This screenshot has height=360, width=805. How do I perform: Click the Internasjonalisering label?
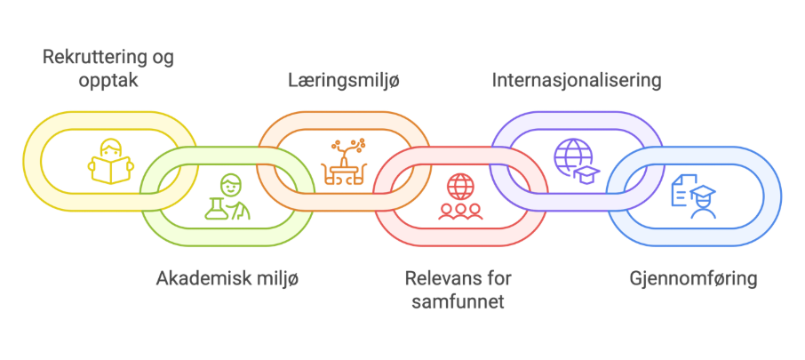[x=577, y=80]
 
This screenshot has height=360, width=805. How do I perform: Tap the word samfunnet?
[x=458, y=302]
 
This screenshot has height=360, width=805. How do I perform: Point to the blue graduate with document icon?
[x=694, y=196]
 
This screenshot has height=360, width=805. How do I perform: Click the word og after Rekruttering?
[x=163, y=59]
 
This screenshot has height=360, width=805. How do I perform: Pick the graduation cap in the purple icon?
[x=587, y=172]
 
